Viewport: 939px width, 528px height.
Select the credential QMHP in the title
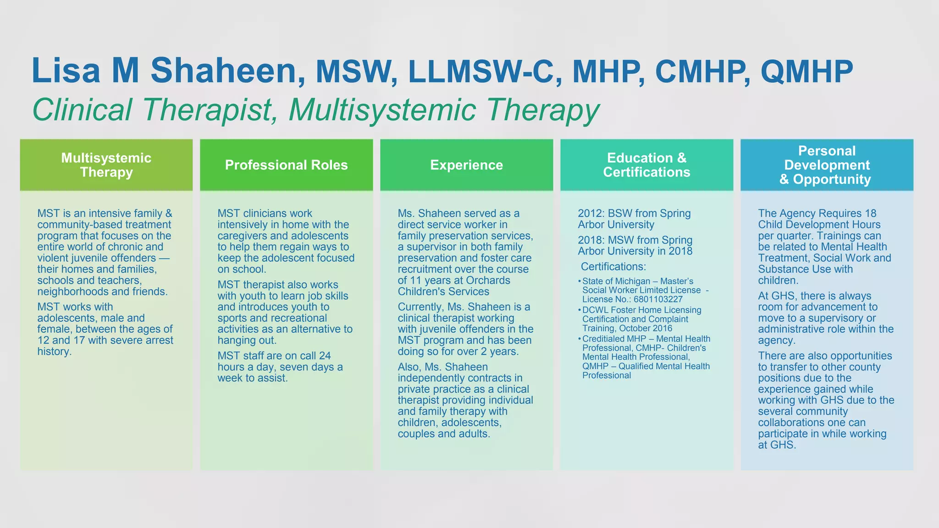[806, 72]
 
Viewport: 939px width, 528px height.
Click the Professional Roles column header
[286, 165]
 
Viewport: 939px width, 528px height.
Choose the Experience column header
[466, 165]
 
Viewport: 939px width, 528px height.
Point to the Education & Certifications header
[646, 165]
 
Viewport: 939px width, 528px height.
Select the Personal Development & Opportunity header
[827, 165]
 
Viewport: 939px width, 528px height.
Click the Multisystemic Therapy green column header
[106, 165]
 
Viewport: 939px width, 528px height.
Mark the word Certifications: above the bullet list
[613, 267]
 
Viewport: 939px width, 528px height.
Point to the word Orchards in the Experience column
[487, 280]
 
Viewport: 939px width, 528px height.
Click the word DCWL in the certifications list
[595, 310]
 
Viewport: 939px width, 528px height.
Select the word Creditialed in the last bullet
[604, 339]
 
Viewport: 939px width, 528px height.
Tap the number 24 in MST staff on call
[325, 356]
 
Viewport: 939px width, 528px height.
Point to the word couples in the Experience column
[416, 434]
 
